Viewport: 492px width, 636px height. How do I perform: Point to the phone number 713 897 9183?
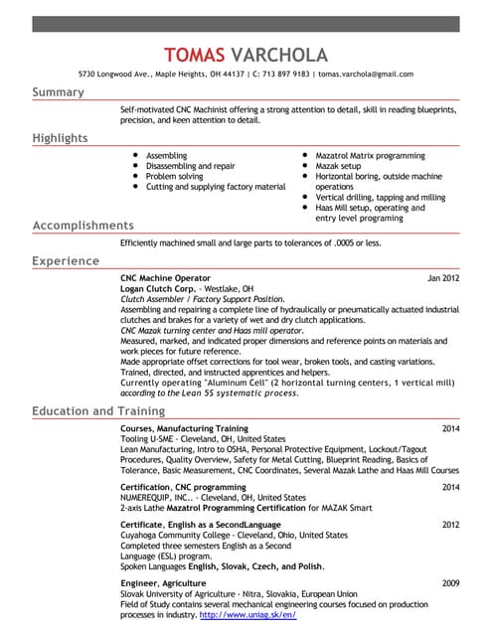point(284,74)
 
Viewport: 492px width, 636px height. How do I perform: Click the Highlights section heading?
point(60,138)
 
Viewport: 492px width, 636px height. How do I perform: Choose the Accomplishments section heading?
point(82,226)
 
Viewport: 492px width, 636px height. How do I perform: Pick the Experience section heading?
point(66,261)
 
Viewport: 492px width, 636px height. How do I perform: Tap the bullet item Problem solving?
point(174,176)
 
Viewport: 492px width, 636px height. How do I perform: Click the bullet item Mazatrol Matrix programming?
point(370,156)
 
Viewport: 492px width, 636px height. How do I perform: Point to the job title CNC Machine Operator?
point(165,278)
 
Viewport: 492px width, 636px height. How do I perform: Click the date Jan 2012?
point(443,278)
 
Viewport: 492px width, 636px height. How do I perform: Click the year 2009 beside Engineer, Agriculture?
point(450,582)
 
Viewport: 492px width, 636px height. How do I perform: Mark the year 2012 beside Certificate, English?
point(450,524)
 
